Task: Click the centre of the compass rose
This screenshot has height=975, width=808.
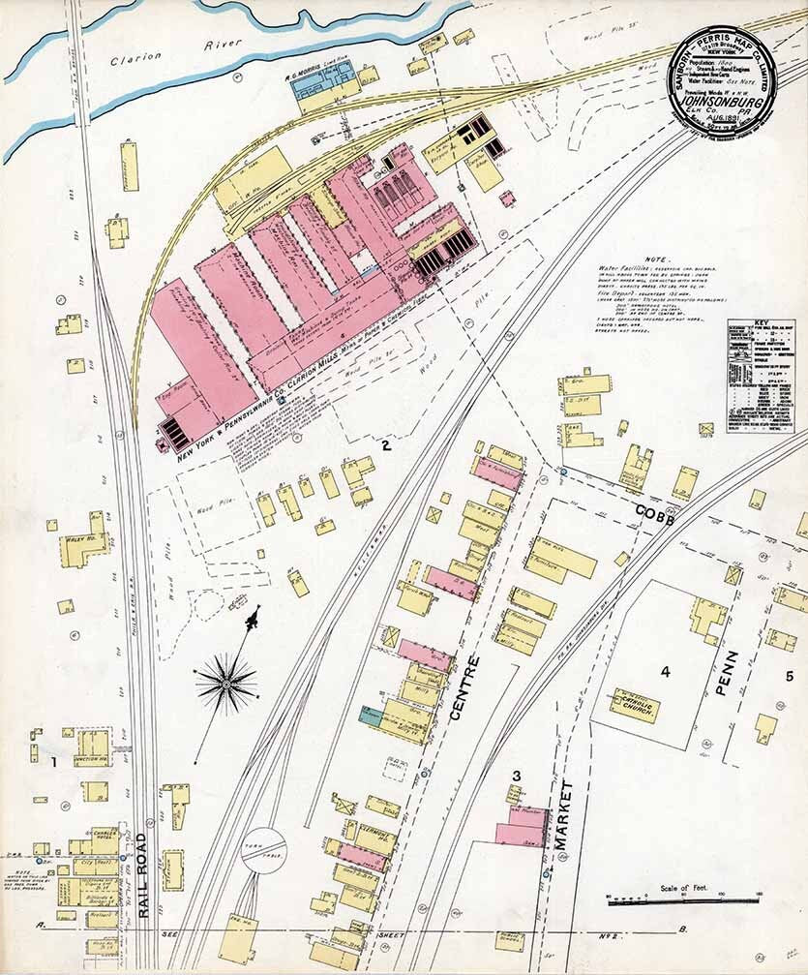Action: click(x=226, y=684)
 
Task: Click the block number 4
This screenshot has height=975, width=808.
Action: click(x=665, y=671)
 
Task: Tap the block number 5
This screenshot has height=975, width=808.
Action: click(x=790, y=676)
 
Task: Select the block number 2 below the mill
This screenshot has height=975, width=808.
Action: click(x=385, y=445)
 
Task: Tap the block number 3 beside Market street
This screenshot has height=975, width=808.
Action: click(x=517, y=775)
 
